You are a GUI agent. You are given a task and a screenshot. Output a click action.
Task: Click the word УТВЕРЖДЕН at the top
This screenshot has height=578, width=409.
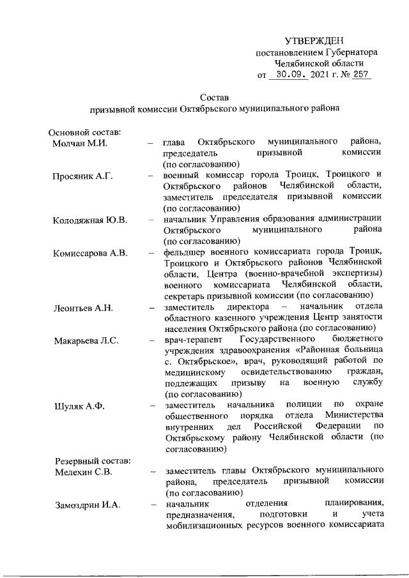(316, 40)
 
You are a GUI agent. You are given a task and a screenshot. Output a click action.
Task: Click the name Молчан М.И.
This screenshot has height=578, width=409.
(79, 142)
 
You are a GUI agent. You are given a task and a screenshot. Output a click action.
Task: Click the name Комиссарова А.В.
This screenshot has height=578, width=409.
(91, 254)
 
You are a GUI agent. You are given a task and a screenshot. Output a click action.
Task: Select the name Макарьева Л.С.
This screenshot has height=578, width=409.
(86, 340)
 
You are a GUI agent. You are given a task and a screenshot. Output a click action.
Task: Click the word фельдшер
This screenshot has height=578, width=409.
(184, 254)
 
